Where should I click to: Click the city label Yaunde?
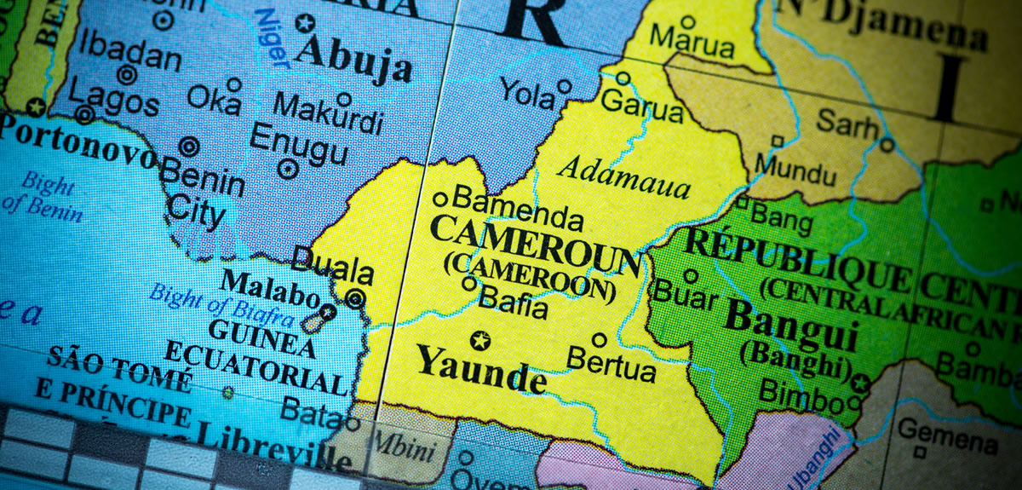[x=480, y=370]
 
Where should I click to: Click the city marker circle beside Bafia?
[x=469, y=283]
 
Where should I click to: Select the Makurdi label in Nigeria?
[x=328, y=113]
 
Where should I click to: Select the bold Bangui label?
[x=791, y=325]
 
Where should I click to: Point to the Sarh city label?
[x=847, y=125]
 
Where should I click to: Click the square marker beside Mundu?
[x=777, y=142]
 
